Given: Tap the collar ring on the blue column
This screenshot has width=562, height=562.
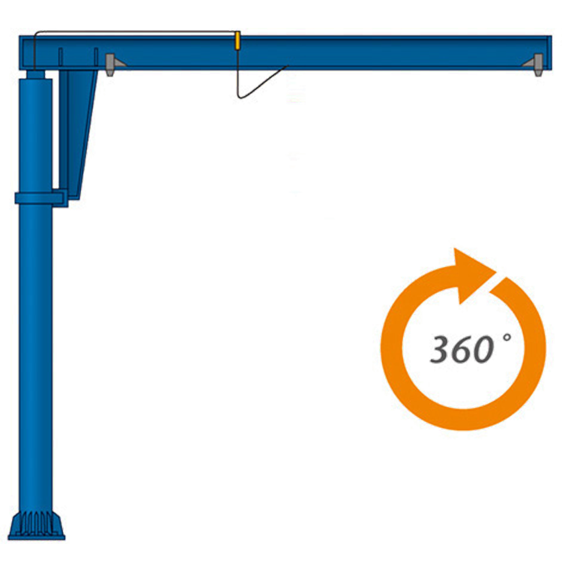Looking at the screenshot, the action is click(x=39, y=198).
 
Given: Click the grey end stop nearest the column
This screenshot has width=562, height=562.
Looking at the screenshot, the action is click(x=110, y=63).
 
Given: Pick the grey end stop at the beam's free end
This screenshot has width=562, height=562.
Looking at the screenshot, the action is click(x=539, y=64).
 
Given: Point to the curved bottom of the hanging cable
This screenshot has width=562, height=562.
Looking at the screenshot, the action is click(x=241, y=96).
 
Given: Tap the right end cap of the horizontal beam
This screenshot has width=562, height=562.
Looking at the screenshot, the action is click(x=551, y=52).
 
